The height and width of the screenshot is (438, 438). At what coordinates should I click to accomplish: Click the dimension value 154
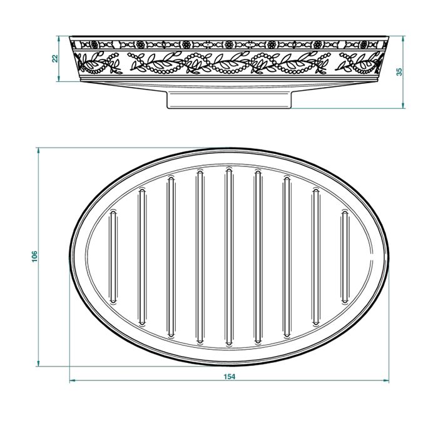click(230, 377)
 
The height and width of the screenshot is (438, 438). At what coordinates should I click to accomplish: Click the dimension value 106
click(34, 257)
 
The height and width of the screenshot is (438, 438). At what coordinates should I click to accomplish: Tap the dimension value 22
click(55, 58)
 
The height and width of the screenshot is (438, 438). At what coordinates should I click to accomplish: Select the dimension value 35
click(400, 72)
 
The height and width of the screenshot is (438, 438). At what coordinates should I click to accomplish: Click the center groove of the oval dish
click(229, 257)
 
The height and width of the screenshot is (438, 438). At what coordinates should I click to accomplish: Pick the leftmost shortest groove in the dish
click(113, 257)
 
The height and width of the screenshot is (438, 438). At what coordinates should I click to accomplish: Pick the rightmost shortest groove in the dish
click(345, 257)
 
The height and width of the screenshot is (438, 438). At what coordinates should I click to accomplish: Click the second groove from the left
click(142, 257)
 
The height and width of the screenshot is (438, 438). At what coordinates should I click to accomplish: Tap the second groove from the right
click(316, 257)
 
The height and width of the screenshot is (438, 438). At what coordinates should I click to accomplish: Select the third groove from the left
click(171, 257)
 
